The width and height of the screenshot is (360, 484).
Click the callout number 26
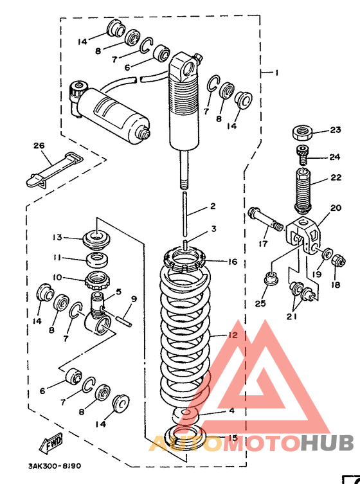click(x=39, y=145)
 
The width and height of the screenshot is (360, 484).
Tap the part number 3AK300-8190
click(x=55, y=465)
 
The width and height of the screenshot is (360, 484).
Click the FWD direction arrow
click(x=50, y=443)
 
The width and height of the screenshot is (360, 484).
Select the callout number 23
click(x=336, y=130)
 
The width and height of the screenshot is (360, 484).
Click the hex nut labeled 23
click(x=302, y=132)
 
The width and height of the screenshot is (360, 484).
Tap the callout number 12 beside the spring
click(x=233, y=335)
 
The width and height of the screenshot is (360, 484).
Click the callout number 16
click(x=233, y=262)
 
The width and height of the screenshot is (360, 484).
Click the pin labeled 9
click(x=125, y=319)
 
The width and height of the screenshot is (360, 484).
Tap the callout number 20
click(x=336, y=208)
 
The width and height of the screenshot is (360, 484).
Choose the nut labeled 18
click(x=338, y=262)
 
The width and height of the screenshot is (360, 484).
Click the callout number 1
click(x=276, y=73)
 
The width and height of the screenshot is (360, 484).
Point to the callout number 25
click(x=260, y=303)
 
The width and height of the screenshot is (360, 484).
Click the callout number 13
click(x=57, y=237)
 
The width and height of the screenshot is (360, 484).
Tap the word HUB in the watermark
click(x=328, y=442)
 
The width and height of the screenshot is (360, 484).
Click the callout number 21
click(x=292, y=317)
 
